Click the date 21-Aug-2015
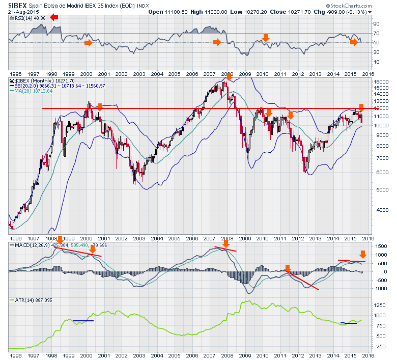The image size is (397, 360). click(19, 11)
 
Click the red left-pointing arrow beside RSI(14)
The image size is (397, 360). click(54, 17)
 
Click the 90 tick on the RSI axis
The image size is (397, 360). click(377, 24)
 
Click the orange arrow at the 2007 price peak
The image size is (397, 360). click(229, 77)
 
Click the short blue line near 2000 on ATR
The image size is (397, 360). click(83, 321)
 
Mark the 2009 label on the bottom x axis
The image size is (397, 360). click(245, 352)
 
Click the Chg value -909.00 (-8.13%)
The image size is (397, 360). click(342, 11)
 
